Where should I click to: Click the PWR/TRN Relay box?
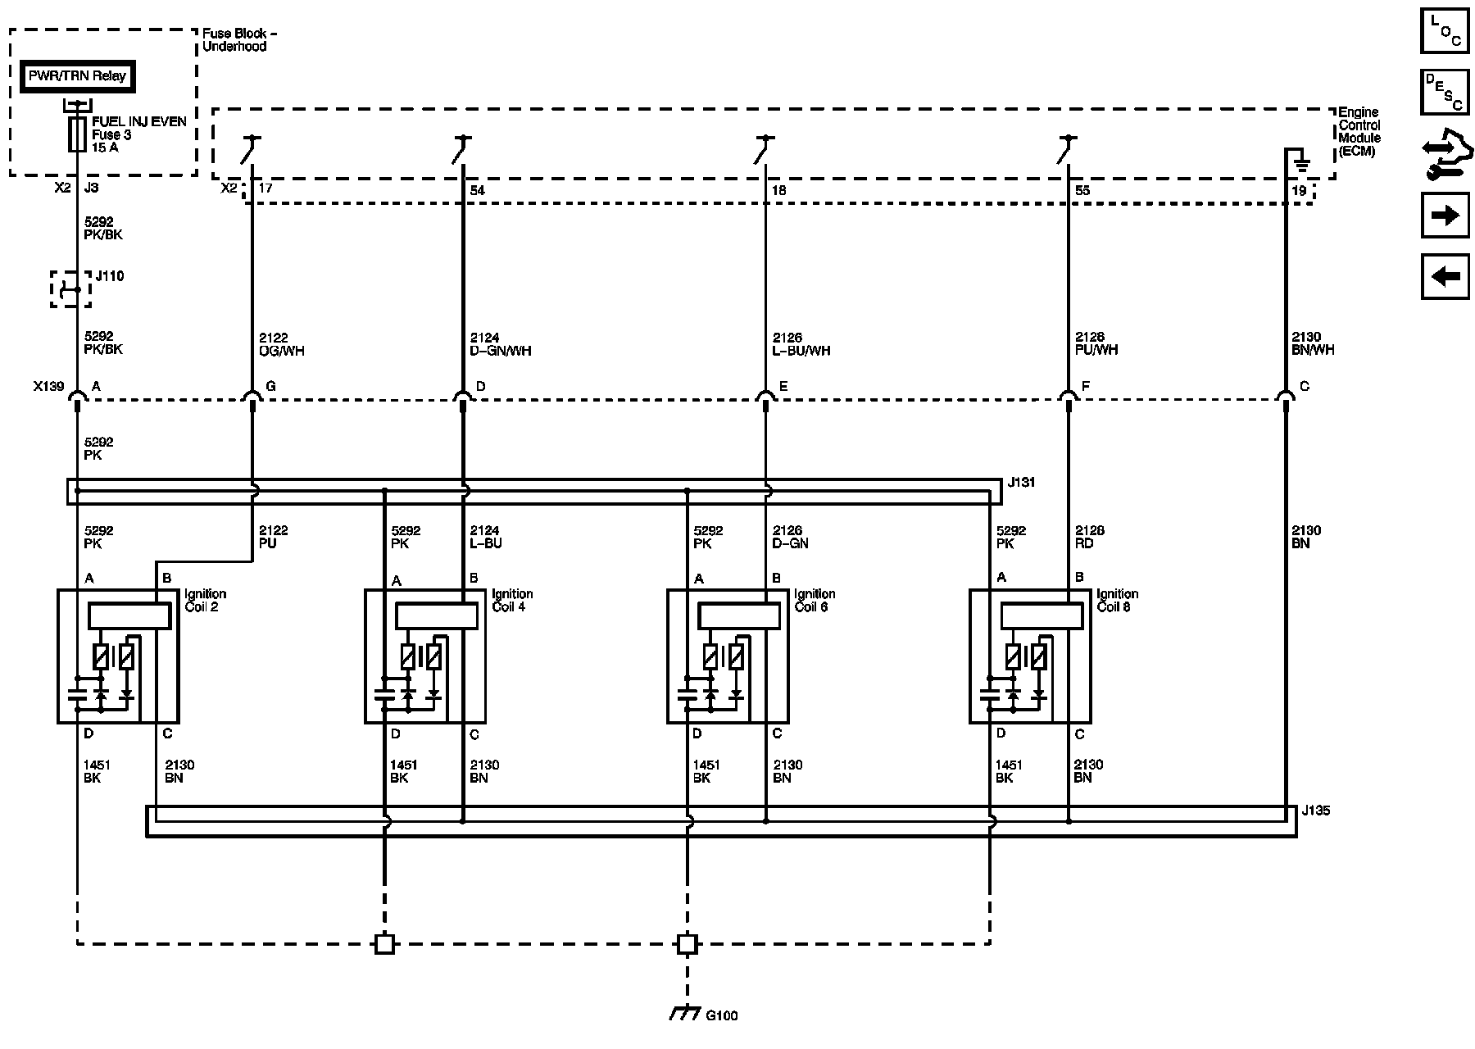coord(78,77)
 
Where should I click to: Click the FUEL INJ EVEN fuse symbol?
coord(78,134)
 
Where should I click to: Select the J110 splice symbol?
coord(71,288)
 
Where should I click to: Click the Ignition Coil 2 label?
coord(206,600)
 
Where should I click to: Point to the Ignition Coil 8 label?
coord(1117,600)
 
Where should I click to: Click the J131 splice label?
coord(1021,483)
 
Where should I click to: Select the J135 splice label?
coord(1315,811)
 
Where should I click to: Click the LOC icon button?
coord(1445,32)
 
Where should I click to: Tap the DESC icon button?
coord(1445,92)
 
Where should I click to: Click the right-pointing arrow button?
coord(1445,216)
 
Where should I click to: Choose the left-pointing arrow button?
coord(1445,276)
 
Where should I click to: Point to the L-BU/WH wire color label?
coord(801,351)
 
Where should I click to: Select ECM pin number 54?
coord(477,190)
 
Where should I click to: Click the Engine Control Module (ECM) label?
coord(1359,132)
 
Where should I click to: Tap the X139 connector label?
coord(48,386)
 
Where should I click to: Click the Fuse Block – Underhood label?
coord(239,40)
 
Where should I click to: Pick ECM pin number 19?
coord(1298,190)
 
